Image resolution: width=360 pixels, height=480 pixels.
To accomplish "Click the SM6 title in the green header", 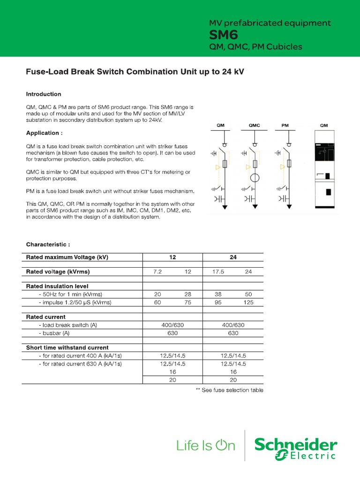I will [224, 35].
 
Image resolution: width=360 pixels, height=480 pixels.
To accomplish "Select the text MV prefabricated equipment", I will [270, 23].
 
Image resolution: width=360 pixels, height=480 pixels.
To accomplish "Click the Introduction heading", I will [44, 94].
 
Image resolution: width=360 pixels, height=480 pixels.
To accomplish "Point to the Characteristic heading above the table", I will [48, 244].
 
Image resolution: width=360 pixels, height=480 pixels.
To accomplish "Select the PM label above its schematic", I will [285, 126].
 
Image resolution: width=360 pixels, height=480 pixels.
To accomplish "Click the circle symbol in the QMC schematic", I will [254, 178].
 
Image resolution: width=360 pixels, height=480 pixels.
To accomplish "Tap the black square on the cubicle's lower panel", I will [329, 192].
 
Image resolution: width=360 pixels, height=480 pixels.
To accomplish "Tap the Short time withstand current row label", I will [67, 347].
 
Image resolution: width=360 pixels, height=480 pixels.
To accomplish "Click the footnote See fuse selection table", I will [229, 390].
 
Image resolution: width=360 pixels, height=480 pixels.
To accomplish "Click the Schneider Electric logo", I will [295, 448].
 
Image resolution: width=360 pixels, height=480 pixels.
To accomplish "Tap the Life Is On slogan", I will [206, 446].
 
